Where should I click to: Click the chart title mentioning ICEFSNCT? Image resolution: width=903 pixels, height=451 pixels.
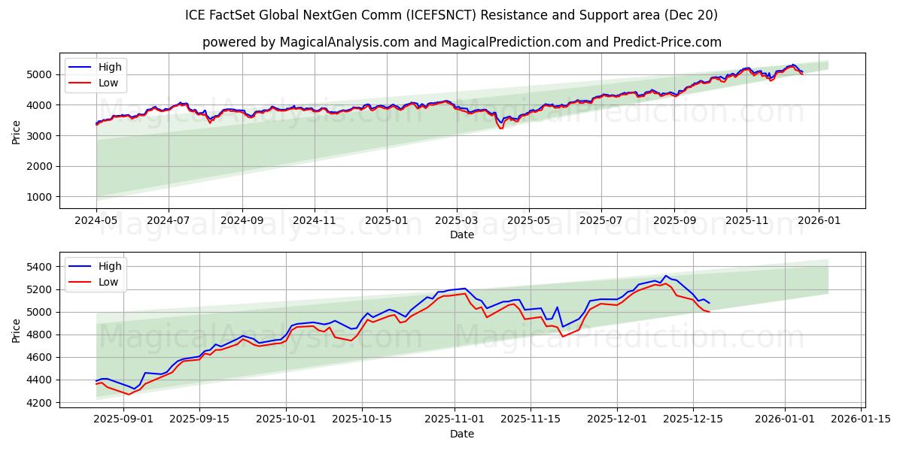coord(451,15)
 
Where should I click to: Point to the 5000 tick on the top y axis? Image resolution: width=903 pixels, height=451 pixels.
coord(41,74)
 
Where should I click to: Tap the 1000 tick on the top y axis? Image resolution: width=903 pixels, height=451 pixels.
coord(41,197)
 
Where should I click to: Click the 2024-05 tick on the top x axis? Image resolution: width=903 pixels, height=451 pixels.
coord(96,221)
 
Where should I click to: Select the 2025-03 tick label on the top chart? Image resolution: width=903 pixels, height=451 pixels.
coord(457,221)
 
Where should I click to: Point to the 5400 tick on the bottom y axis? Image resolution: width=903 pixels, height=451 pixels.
coord(41,267)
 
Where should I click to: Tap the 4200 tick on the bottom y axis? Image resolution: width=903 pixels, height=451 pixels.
coord(41,403)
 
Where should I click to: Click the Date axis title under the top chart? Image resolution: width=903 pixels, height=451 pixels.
coord(462,235)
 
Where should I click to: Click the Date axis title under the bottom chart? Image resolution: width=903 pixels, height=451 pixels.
coord(462,434)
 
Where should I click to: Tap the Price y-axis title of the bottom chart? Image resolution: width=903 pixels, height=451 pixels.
coord(17,330)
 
